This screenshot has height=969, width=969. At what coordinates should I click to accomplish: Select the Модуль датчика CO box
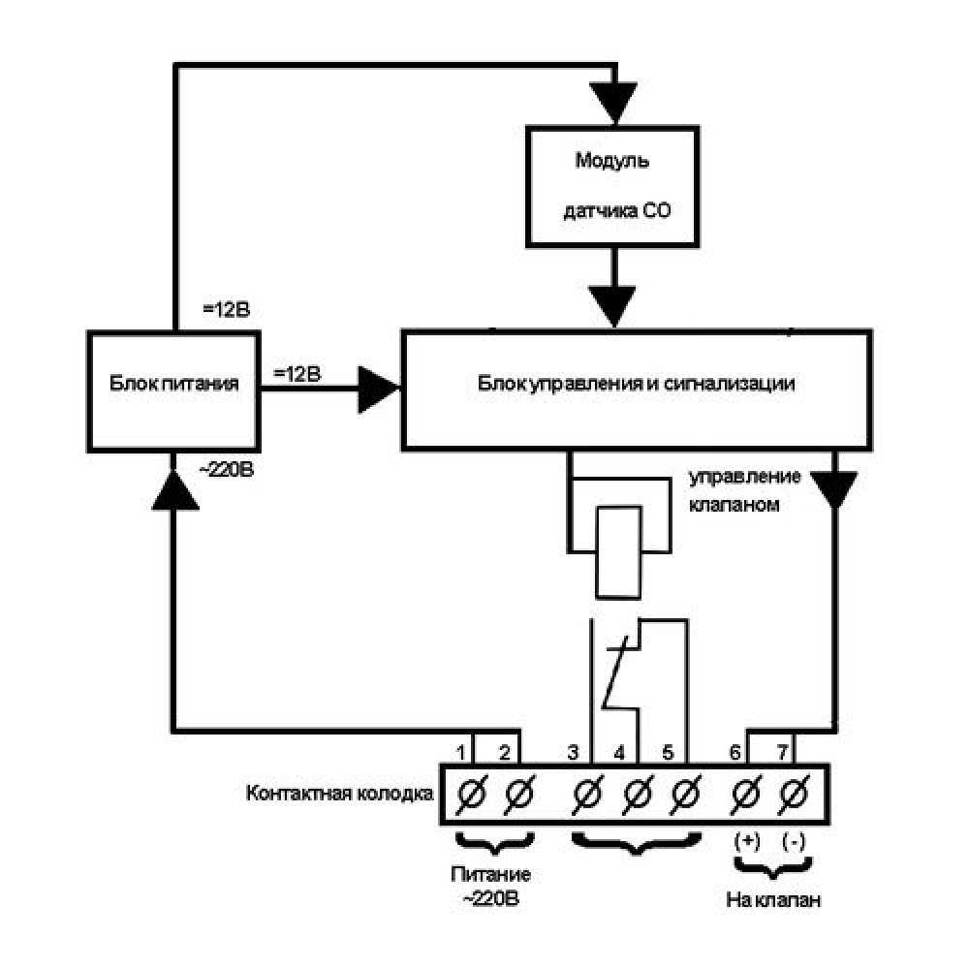[612, 184]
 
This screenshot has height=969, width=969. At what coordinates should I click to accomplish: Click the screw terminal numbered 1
[470, 795]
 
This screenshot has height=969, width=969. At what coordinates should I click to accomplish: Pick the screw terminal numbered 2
[520, 795]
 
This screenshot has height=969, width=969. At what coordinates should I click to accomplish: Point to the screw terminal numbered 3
[585, 795]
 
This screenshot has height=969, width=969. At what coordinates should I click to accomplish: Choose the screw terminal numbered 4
[636, 795]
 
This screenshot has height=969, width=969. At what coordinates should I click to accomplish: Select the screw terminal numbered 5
[686, 795]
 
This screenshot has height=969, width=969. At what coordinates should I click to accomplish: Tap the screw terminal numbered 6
[745, 795]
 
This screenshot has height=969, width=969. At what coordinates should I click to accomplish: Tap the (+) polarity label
[746, 841]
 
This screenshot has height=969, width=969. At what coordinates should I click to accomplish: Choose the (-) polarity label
[795, 841]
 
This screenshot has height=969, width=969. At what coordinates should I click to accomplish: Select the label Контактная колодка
[339, 794]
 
